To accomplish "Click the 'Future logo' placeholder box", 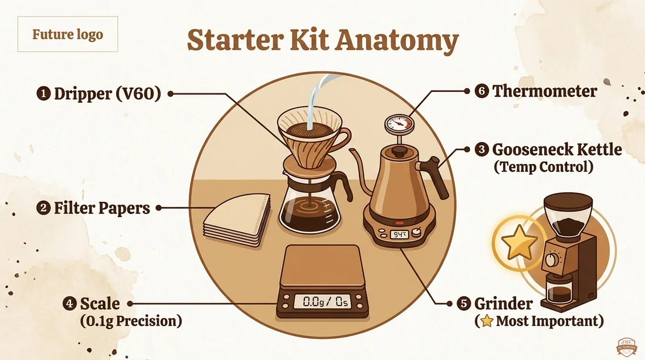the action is (x=67, y=34).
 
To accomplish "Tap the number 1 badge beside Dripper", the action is (x=43, y=93).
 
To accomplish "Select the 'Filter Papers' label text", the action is (x=102, y=208).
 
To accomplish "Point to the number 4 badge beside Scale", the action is (x=70, y=304).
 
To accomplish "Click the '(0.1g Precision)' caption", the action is (x=131, y=321).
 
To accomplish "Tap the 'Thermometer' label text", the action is (x=545, y=91).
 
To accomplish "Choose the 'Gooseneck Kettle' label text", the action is (x=557, y=149).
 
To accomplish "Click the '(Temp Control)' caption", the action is (x=544, y=167).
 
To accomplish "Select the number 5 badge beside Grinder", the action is (x=464, y=304).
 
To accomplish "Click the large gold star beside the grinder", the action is (x=519, y=242).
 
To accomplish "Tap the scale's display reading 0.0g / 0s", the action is (x=322, y=301).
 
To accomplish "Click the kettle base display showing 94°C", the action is (x=399, y=235).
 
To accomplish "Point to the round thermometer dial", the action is (x=399, y=124).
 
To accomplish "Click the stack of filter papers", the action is (x=237, y=220).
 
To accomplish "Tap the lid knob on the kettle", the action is (x=398, y=152).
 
